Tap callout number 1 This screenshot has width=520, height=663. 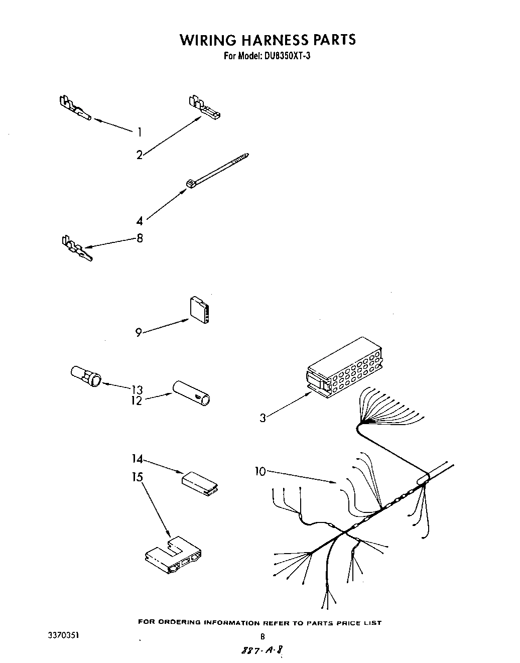pyautogui.click(x=139, y=132)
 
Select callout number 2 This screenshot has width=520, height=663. pyautogui.click(x=139, y=155)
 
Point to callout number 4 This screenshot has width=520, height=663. pyautogui.click(x=139, y=221)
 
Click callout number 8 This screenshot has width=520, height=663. pyautogui.click(x=140, y=238)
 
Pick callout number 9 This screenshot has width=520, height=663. pyautogui.click(x=139, y=332)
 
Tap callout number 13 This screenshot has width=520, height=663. pyautogui.click(x=137, y=389)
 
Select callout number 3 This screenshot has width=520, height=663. pyautogui.click(x=263, y=418)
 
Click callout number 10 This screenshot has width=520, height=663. pyautogui.click(x=260, y=471)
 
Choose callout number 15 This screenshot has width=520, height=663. pyautogui.click(x=138, y=477)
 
